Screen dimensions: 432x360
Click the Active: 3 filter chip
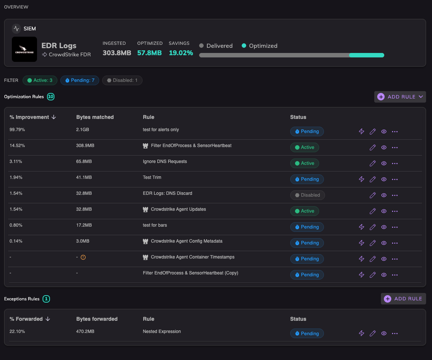coord(40,80)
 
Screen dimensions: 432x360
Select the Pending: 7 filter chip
coord(80,80)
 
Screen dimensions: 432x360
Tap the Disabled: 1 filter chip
coord(122,80)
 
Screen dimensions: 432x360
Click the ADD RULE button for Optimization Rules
coord(400,97)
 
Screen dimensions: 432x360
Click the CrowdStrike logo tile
coord(24,49)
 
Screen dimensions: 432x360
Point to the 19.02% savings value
coord(181,53)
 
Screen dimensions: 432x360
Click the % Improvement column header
coord(33,117)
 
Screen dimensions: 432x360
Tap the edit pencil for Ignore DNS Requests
coord(372,163)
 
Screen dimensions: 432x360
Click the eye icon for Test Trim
coord(384,179)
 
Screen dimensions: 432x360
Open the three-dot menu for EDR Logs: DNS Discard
coord(395,195)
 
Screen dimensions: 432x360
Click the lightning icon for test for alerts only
coord(361,131)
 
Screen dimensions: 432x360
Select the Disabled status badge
coord(308,195)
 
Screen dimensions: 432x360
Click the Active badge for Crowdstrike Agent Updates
coord(304,211)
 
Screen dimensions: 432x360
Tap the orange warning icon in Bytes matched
coord(83,257)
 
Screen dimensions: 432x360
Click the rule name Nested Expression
coord(162,331)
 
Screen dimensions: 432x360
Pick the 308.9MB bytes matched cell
coord(85,146)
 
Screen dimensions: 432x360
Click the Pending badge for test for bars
coord(307,227)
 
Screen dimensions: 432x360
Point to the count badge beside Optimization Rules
coord(51,97)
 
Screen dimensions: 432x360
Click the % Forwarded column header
coord(30,319)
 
